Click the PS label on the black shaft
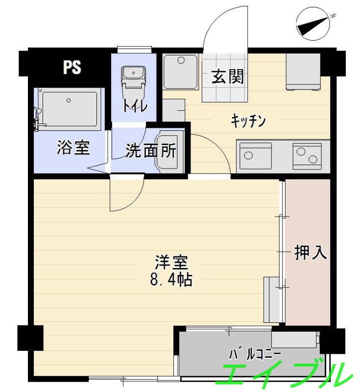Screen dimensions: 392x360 tap(72, 67)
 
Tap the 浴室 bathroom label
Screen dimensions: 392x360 tap(73, 147)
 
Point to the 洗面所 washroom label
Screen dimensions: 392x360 tap(150, 151)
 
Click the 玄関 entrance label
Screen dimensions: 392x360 tap(228, 77)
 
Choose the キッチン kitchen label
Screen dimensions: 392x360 tap(248, 121)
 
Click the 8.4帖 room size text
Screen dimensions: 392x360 tap(171, 280)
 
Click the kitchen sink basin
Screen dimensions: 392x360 tap(255, 156)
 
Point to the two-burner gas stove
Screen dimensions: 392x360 tap(307, 156)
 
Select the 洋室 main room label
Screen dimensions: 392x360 tap(171, 263)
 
